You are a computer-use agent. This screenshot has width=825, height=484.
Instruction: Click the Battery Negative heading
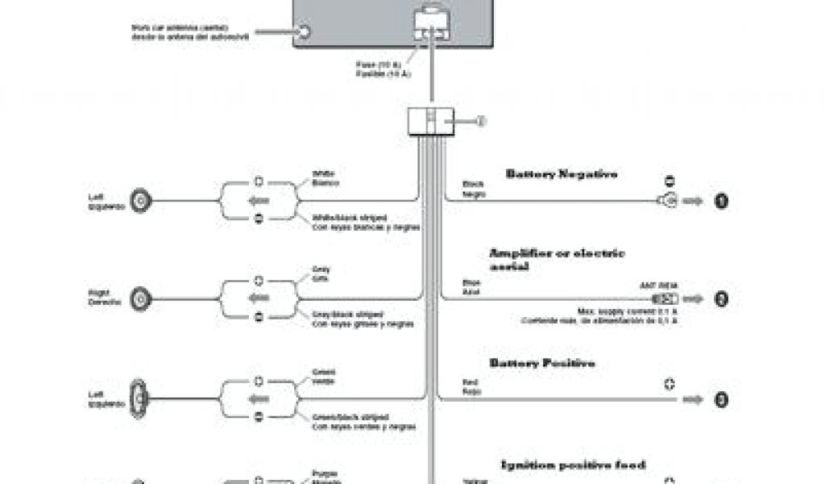(562, 173)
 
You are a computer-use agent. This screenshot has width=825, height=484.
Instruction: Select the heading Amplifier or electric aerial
(557, 260)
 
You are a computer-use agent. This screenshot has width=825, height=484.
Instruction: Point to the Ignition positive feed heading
(574, 465)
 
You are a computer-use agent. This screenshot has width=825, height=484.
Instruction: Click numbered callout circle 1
(722, 201)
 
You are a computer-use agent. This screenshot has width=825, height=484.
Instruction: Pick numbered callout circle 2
(722, 299)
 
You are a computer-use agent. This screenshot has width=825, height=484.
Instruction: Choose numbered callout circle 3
(722, 398)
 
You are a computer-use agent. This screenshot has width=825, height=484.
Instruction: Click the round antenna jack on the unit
(305, 31)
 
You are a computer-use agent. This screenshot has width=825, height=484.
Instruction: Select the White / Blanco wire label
(324, 178)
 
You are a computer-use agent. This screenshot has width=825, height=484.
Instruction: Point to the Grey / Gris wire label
(321, 273)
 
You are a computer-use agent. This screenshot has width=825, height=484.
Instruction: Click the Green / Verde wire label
(323, 376)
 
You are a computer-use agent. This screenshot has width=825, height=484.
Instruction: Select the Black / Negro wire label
(473, 188)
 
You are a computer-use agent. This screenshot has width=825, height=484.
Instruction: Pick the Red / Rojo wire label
(471, 386)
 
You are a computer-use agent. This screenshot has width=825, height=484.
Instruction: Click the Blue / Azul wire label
(471, 286)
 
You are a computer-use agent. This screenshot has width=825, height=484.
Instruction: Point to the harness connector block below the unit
(432, 121)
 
